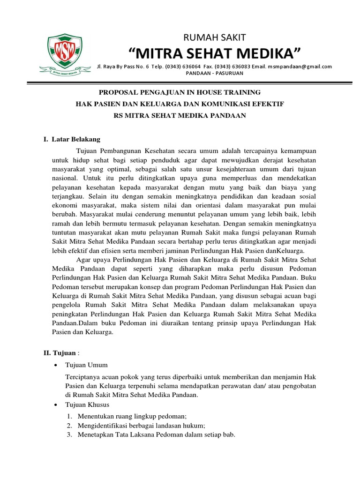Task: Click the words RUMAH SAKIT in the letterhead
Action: click(214, 37)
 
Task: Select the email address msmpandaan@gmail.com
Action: click(300, 67)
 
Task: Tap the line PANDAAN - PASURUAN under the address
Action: click(214, 74)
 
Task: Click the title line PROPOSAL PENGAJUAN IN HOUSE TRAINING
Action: click(180, 92)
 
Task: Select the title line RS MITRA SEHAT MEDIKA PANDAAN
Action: click(180, 115)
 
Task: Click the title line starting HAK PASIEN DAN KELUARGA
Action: click(180, 104)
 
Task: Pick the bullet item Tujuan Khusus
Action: click(87, 405)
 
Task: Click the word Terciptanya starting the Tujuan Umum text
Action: click(82, 377)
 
